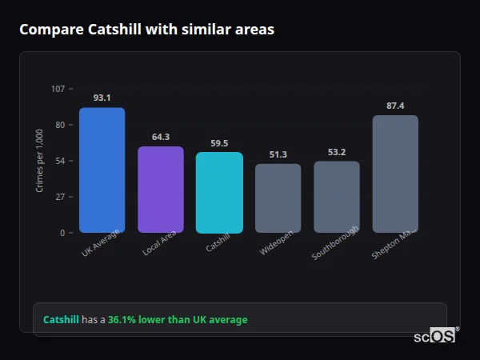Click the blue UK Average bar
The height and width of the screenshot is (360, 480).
click(102, 170)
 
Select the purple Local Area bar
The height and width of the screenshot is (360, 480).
click(160, 190)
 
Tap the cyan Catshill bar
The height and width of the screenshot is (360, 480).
click(219, 192)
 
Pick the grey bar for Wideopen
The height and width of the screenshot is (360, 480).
click(278, 198)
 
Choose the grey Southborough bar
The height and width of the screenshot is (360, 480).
click(336, 197)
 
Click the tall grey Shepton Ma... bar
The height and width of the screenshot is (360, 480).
click(395, 174)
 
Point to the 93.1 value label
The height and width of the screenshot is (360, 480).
click(102, 98)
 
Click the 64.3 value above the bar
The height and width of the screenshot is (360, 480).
click(160, 137)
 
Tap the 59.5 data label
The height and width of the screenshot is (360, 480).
click(219, 143)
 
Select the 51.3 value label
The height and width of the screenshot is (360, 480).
click(278, 154)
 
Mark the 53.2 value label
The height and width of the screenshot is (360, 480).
click(336, 152)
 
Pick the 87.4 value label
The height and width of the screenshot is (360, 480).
click(395, 106)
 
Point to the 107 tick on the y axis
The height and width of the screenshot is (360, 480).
click(58, 89)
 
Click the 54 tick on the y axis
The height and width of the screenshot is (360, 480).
click(60, 161)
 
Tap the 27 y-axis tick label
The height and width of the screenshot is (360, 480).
click(60, 197)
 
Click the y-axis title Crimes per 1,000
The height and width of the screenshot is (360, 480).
click(39, 160)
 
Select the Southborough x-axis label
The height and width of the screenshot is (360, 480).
click(334, 242)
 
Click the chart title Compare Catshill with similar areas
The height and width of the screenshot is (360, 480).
click(146, 30)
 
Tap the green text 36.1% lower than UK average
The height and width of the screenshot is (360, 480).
click(178, 320)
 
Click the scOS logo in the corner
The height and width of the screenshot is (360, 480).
click(434, 336)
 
